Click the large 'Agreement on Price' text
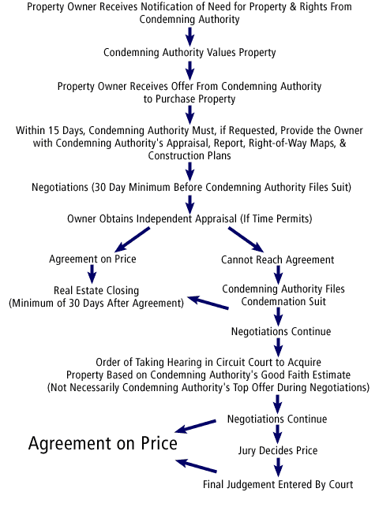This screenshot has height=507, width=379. point(103,444)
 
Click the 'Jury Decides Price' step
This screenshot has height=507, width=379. point(278,450)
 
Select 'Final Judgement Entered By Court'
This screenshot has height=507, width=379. point(278,484)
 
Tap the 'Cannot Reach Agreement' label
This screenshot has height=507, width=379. point(278,259)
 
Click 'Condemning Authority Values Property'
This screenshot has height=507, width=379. point(189,52)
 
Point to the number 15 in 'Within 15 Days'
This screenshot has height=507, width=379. point(54,130)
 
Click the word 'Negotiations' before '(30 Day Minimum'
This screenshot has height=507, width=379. point(60,187)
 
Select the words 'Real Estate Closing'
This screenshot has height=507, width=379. point(96,290)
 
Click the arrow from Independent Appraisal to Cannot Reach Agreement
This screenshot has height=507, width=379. point(246,239)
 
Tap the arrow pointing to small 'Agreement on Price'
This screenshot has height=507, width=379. point(132,239)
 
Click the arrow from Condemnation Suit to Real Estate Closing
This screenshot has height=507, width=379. point(208,303)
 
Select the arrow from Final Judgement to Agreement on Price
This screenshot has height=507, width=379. point(196,465)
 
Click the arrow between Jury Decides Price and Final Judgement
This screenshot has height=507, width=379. point(278,468)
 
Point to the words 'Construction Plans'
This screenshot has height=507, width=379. point(189,155)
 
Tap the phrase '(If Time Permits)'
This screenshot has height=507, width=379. point(276,219)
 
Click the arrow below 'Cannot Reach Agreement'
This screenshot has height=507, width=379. point(279,275)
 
